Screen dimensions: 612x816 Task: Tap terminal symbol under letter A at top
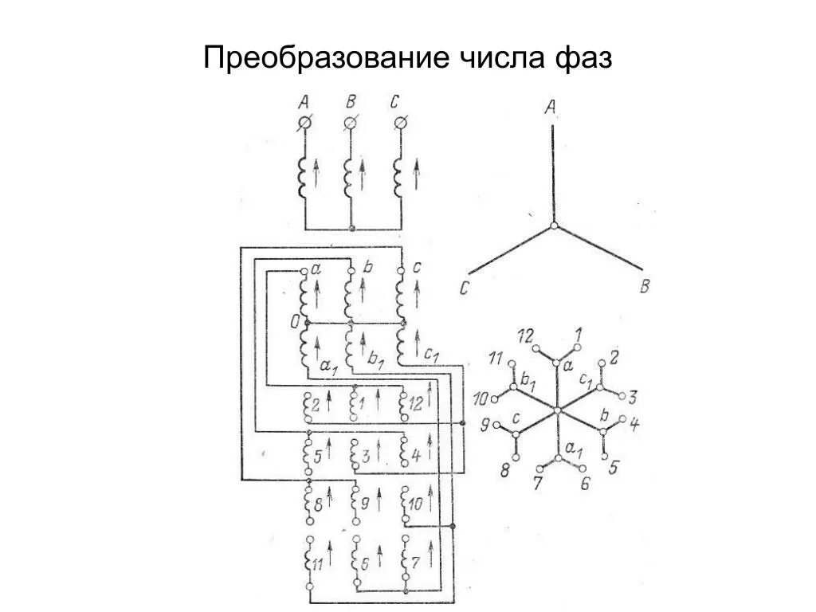click(304, 124)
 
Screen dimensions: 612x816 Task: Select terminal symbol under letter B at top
click(351, 124)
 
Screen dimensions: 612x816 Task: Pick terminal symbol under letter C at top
click(402, 124)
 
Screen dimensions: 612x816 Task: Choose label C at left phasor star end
click(463, 288)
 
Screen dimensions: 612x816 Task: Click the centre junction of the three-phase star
click(551, 228)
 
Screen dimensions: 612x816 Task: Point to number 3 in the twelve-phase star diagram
click(632, 396)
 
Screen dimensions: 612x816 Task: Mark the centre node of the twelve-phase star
click(557, 410)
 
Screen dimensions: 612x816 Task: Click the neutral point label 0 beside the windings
click(294, 322)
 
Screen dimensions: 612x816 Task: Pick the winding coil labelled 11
click(307, 562)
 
